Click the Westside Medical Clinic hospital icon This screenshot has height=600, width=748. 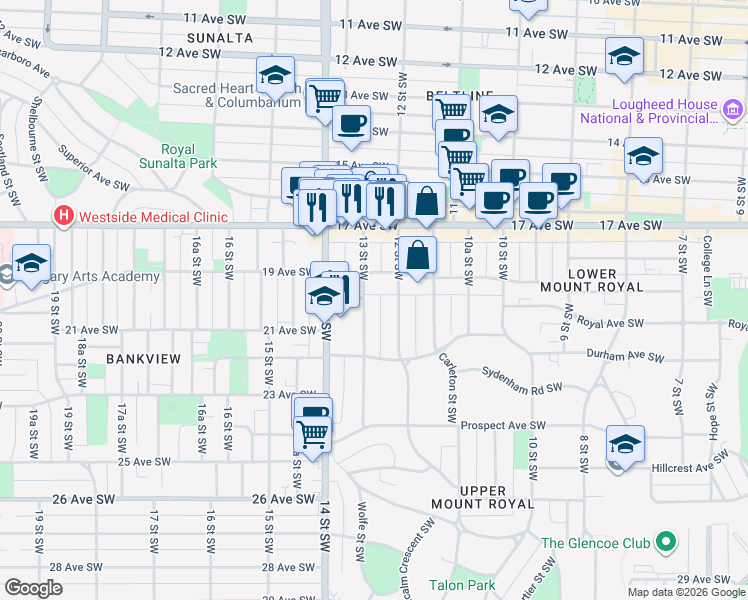point(64,216)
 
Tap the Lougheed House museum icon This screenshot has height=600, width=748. point(733,110)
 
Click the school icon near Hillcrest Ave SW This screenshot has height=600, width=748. point(625,443)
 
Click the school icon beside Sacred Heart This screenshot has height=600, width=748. point(275,74)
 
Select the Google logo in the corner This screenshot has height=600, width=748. point(34,588)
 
